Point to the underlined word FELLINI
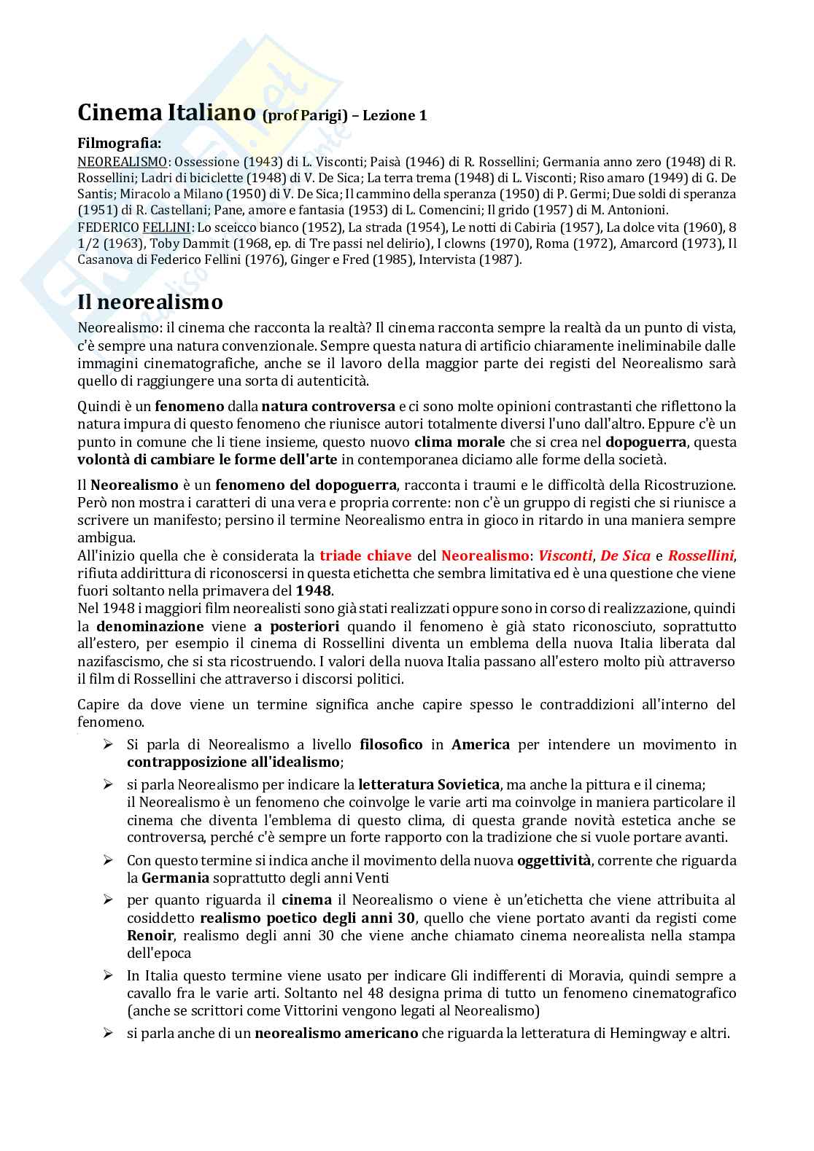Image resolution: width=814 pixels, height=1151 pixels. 166,227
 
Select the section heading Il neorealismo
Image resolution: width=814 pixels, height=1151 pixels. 150,301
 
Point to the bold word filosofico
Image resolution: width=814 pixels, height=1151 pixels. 391,744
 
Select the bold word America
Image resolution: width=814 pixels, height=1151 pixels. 481,744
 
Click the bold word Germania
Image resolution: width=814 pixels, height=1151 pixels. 175,878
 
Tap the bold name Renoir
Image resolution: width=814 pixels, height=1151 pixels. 150,935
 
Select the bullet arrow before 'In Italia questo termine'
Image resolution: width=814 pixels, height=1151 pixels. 108,975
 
